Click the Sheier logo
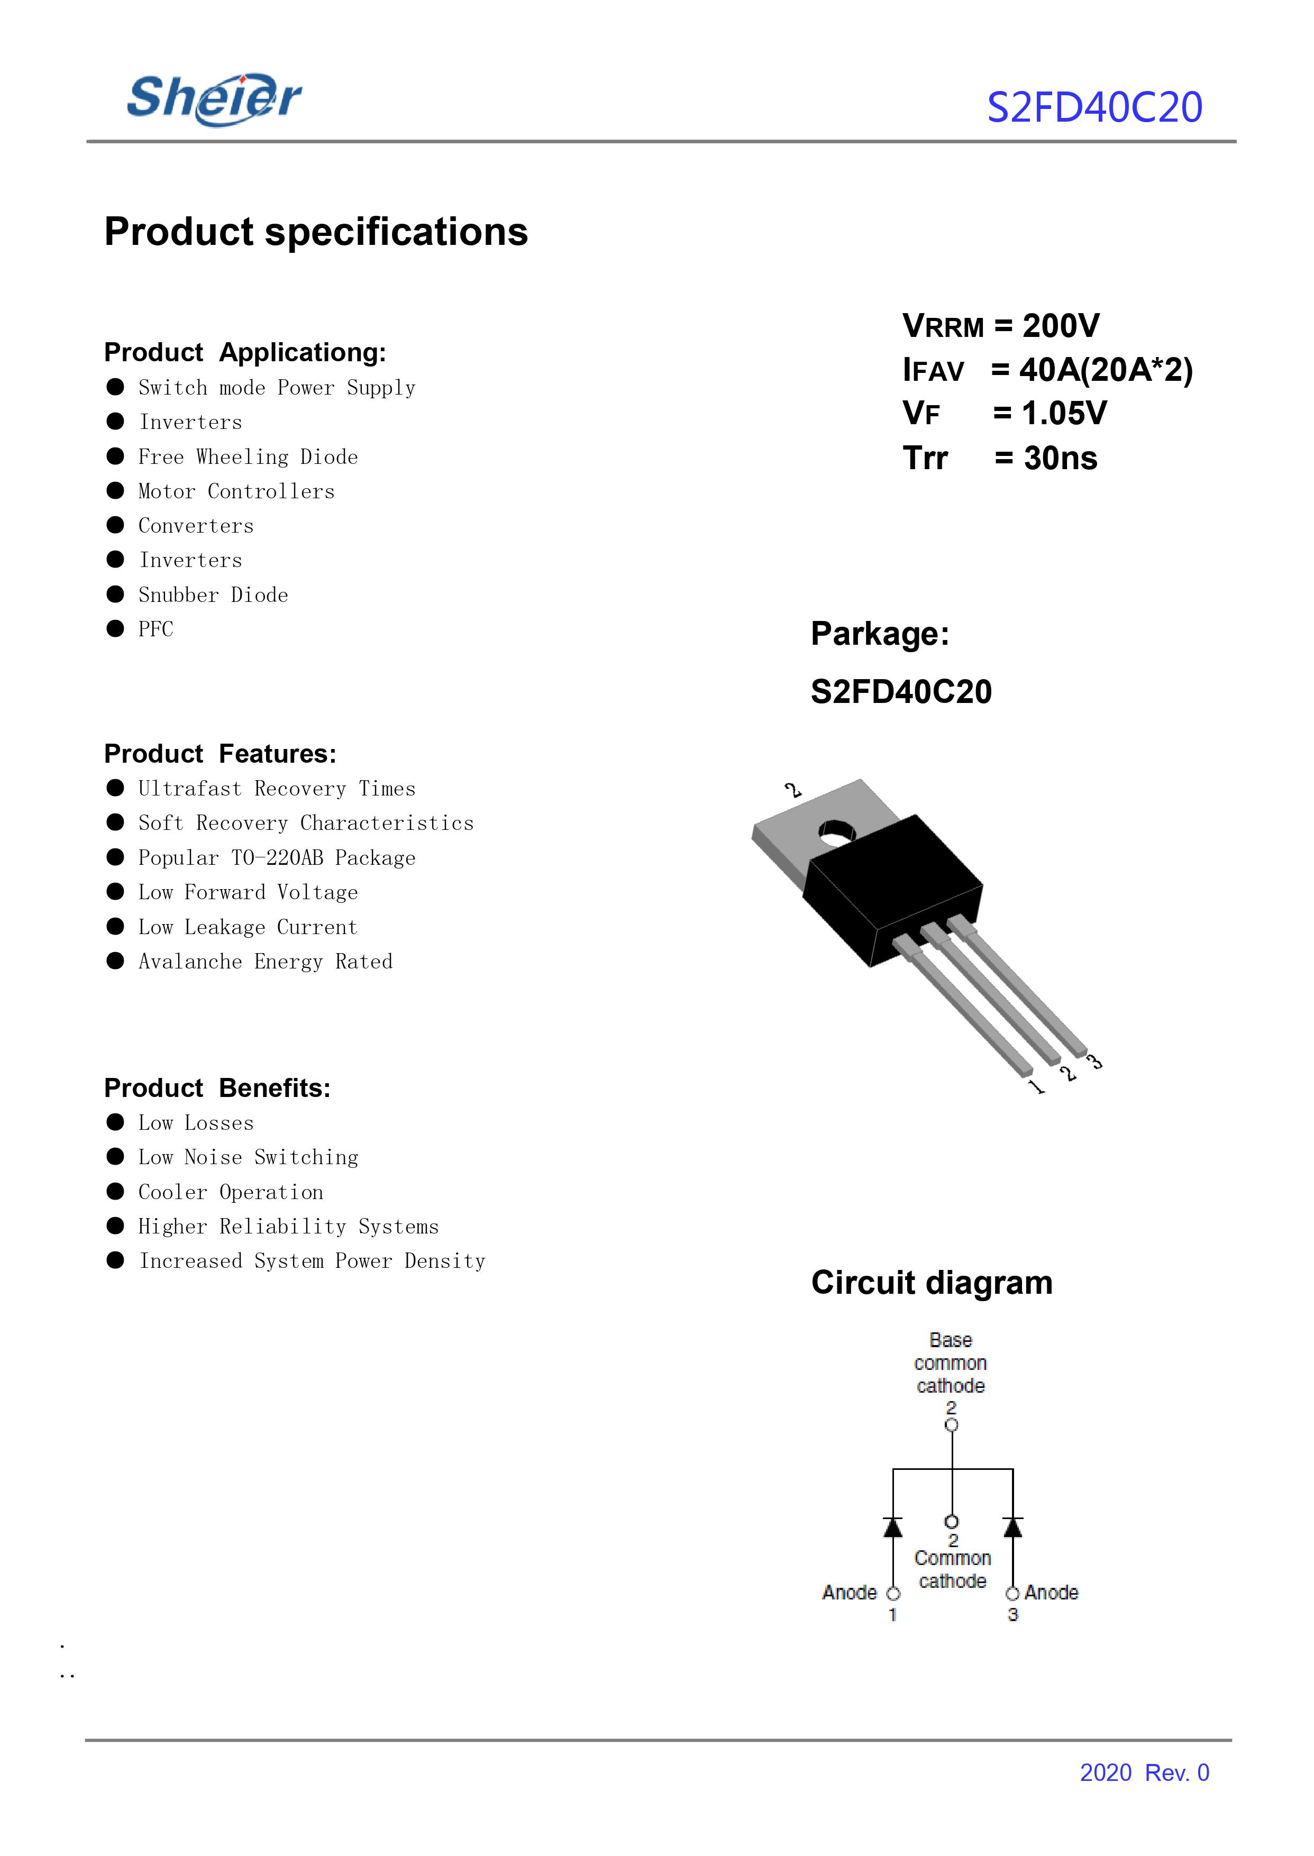(x=214, y=99)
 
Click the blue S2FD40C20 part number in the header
(x=1094, y=107)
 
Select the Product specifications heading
(x=316, y=232)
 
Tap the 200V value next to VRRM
(x=1061, y=326)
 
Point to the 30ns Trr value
(x=1060, y=459)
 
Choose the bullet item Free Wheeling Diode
(x=248, y=457)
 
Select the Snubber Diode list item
(x=213, y=596)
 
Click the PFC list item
(x=156, y=629)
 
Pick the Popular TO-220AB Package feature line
(x=277, y=858)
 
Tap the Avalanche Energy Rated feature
(x=266, y=962)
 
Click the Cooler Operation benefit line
(x=231, y=1193)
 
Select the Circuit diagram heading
(x=932, y=1283)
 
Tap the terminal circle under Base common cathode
(x=952, y=1425)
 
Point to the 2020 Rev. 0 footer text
(x=1144, y=1772)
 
